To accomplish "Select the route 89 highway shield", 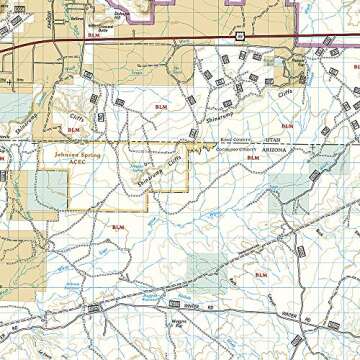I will coord(240,35).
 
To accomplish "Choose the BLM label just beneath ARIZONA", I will coord(252,158).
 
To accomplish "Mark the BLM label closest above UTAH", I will coord(288,126).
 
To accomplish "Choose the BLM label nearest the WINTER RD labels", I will coord(261,274).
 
